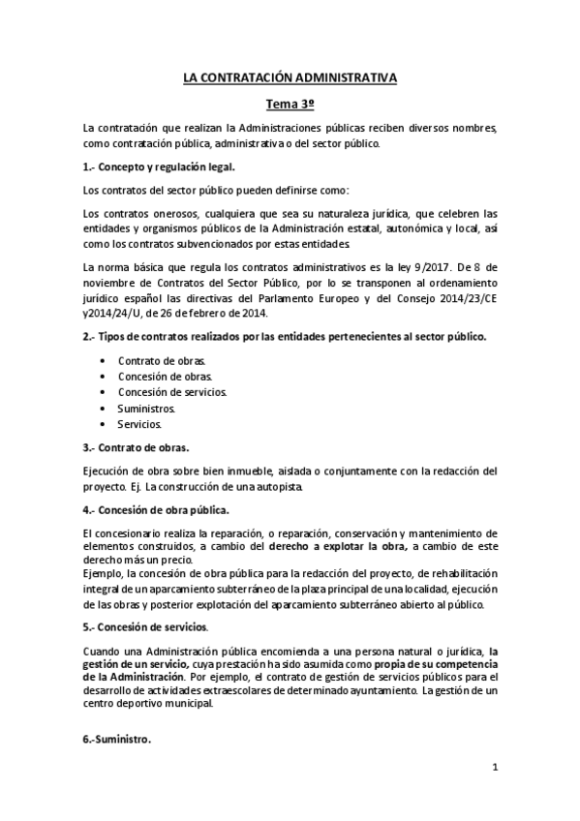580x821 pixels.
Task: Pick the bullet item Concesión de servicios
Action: pyautogui.click(x=172, y=392)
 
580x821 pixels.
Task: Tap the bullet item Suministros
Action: pyautogui.click(x=146, y=409)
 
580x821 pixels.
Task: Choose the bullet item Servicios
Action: pyautogui.click(x=140, y=424)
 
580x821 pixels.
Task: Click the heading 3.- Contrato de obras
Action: pyautogui.click(x=137, y=447)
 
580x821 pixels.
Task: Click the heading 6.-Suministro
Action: pyautogui.click(x=117, y=739)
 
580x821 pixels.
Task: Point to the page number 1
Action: pyautogui.click(x=494, y=770)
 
